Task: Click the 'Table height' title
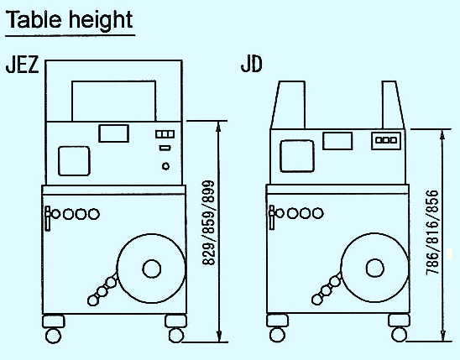69,19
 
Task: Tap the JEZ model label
23,65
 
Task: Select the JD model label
252,64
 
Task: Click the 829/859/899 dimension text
208,223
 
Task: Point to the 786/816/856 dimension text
432,232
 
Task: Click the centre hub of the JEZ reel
152,269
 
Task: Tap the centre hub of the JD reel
375,268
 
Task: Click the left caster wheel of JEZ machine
54,336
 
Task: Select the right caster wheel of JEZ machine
176,335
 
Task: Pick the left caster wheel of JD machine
277,335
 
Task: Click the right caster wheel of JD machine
400,334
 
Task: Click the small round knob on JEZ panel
165,166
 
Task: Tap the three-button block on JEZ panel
165,134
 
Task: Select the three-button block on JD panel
386,140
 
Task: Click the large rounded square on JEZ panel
74,161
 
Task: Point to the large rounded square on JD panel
297,156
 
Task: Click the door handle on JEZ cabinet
48,218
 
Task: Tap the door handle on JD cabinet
272,217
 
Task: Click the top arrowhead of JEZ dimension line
218,127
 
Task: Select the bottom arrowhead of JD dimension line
443,336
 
